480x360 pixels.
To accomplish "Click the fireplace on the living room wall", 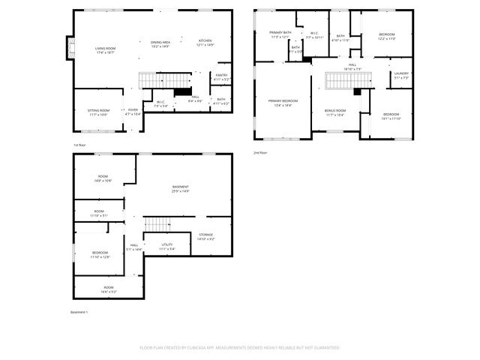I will pos(71,49).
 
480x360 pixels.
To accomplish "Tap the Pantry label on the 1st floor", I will pos(221,76).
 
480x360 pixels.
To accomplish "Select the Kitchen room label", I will pos(205,42).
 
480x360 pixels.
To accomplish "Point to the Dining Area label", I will pos(160,43).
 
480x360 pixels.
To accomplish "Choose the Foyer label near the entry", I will pos(132,111).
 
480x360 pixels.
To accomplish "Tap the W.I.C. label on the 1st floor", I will pos(160,103).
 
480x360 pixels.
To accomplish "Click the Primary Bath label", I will pos(280,34).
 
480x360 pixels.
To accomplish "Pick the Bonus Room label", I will pos(334,111).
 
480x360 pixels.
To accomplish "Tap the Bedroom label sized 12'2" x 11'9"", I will pos(386,36).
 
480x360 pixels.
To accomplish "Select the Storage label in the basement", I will pos(205,236).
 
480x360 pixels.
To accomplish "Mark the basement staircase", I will pos(158,223).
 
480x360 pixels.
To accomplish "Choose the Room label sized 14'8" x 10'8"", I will pos(103,178).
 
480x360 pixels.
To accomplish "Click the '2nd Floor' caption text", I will pos(259,152).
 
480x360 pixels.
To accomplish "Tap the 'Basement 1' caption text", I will pos(79,312).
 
